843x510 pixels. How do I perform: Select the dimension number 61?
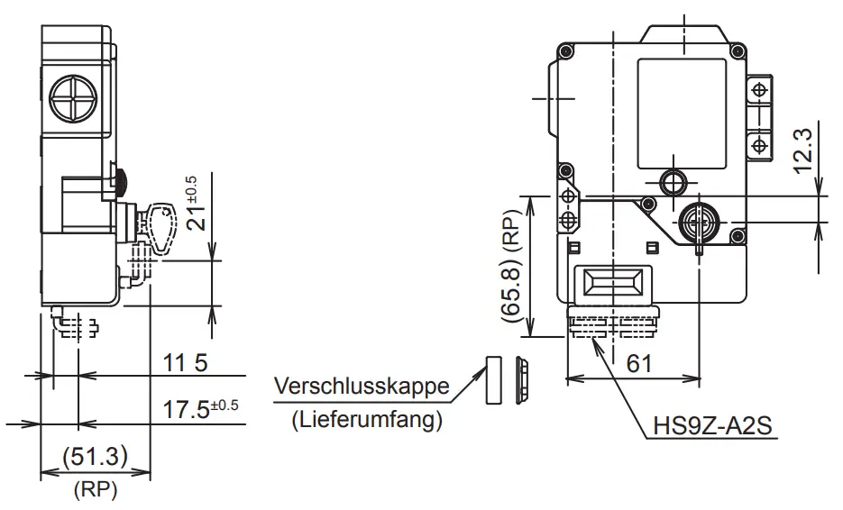pyautogui.click(x=638, y=363)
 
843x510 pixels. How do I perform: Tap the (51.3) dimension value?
pyautogui.click(x=94, y=456)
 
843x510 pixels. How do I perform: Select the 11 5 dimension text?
pyautogui.click(x=186, y=362)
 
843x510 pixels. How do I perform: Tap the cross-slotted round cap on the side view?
pyautogui.click(x=76, y=96)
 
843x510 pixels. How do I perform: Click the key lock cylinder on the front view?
pyautogui.click(x=699, y=219)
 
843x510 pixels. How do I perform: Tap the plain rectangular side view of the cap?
pyautogui.click(x=492, y=378)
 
